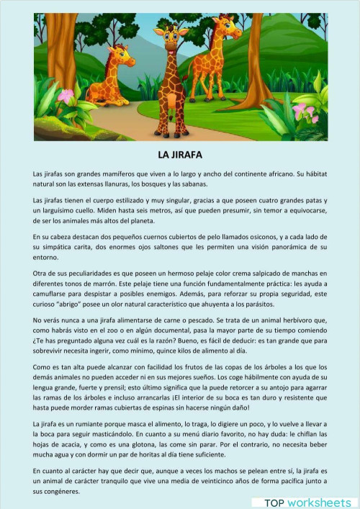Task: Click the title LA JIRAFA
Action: click(x=180, y=155)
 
